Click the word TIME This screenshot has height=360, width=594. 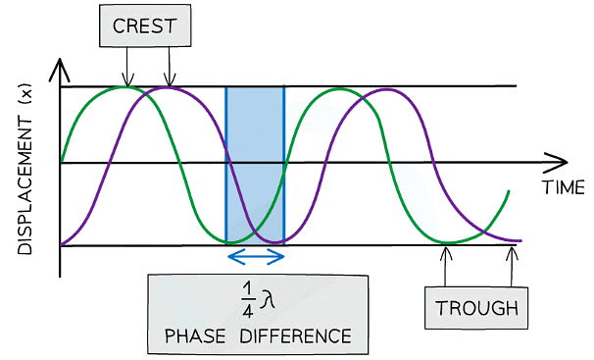click(564, 187)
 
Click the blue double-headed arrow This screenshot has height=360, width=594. click(256, 257)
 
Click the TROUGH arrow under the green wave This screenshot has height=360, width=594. click(447, 265)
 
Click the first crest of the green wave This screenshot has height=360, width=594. click(125, 87)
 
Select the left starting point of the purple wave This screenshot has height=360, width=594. click(62, 243)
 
